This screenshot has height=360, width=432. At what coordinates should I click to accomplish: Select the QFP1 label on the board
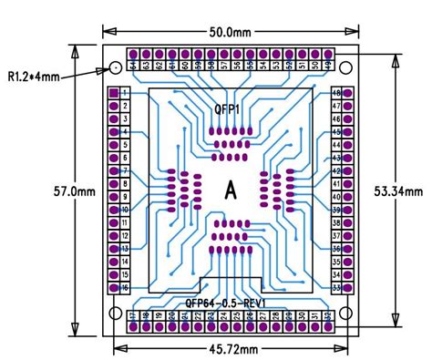pos(227,109)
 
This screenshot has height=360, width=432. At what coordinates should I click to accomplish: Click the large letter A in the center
pos(230,190)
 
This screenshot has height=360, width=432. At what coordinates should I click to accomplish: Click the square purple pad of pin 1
pos(114,94)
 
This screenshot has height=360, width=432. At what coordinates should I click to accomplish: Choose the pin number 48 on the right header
pos(336,94)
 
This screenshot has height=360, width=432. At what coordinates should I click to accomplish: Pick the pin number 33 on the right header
pos(336,287)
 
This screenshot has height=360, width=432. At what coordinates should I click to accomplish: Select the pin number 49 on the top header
pos(328,65)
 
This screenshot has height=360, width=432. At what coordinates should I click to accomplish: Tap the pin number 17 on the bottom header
pos(133,316)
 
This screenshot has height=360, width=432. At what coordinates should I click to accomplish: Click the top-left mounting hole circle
pos(116,69)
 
